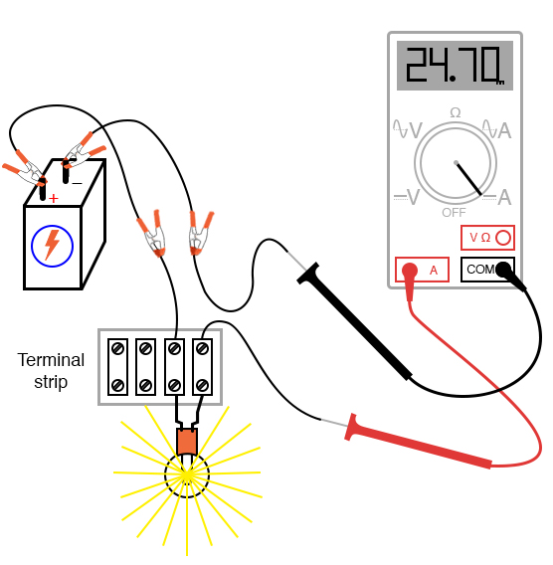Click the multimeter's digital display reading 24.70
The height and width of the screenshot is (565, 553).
tap(455, 66)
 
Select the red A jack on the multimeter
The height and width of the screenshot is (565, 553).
tap(409, 269)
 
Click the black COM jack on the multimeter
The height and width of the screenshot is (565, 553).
tap(502, 269)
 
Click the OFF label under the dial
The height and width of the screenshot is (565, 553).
tap(454, 212)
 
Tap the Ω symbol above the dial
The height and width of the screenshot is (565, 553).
tap(456, 112)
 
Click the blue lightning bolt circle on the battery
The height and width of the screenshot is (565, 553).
tap(52, 246)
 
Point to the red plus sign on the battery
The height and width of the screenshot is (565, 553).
tap(53, 199)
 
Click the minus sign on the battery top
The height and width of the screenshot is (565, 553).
tap(77, 182)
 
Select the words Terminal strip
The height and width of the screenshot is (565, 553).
tap(51, 370)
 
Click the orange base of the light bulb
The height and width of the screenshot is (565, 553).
tap(186, 441)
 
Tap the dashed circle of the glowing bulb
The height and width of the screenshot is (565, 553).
tap(186, 474)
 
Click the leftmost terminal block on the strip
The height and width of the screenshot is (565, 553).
tap(117, 366)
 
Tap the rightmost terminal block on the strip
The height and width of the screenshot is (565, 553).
tap(203, 366)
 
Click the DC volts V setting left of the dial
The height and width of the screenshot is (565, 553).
tap(407, 196)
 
